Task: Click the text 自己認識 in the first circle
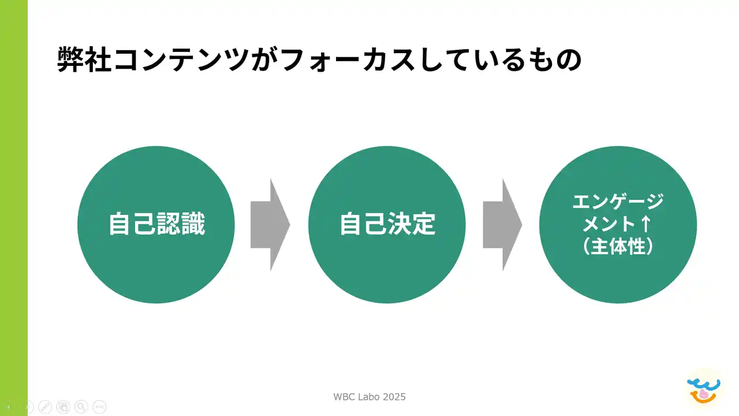pyautogui.click(x=156, y=224)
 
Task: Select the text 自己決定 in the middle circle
pyautogui.click(x=387, y=224)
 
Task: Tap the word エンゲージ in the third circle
pyautogui.click(x=618, y=202)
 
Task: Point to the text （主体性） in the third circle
pyautogui.click(x=618, y=246)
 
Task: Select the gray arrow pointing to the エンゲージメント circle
pyautogui.click(x=502, y=224)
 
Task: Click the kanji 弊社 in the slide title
pyautogui.click(x=84, y=60)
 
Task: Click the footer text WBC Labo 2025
pyautogui.click(x=369, y=397)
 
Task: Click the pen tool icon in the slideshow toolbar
pyautogui.click(x=45, y=407)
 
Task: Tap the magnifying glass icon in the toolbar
pyautogui.click(x=81, y=407)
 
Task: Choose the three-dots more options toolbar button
pyautogui.click(x=99, y=407)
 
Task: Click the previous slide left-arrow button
pyautogui.click(x=9, y=407)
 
